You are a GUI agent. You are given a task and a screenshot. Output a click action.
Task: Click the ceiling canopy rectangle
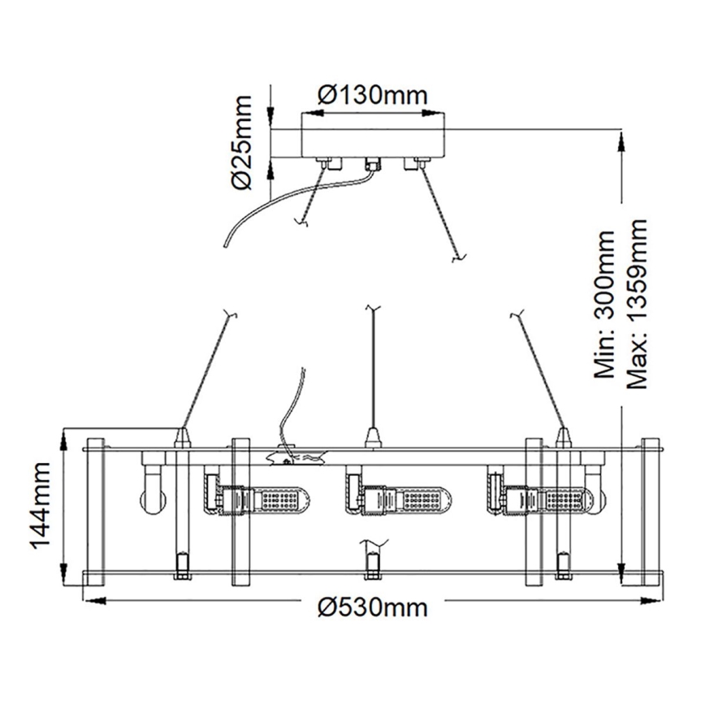374,135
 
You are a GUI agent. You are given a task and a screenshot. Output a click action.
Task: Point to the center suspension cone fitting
373,439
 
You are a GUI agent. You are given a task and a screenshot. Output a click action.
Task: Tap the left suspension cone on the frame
184,438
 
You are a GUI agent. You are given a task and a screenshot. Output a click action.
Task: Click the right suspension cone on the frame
561,438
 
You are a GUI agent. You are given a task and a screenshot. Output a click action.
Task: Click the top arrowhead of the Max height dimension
621,141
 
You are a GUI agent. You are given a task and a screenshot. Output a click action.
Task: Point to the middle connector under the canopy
373,162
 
